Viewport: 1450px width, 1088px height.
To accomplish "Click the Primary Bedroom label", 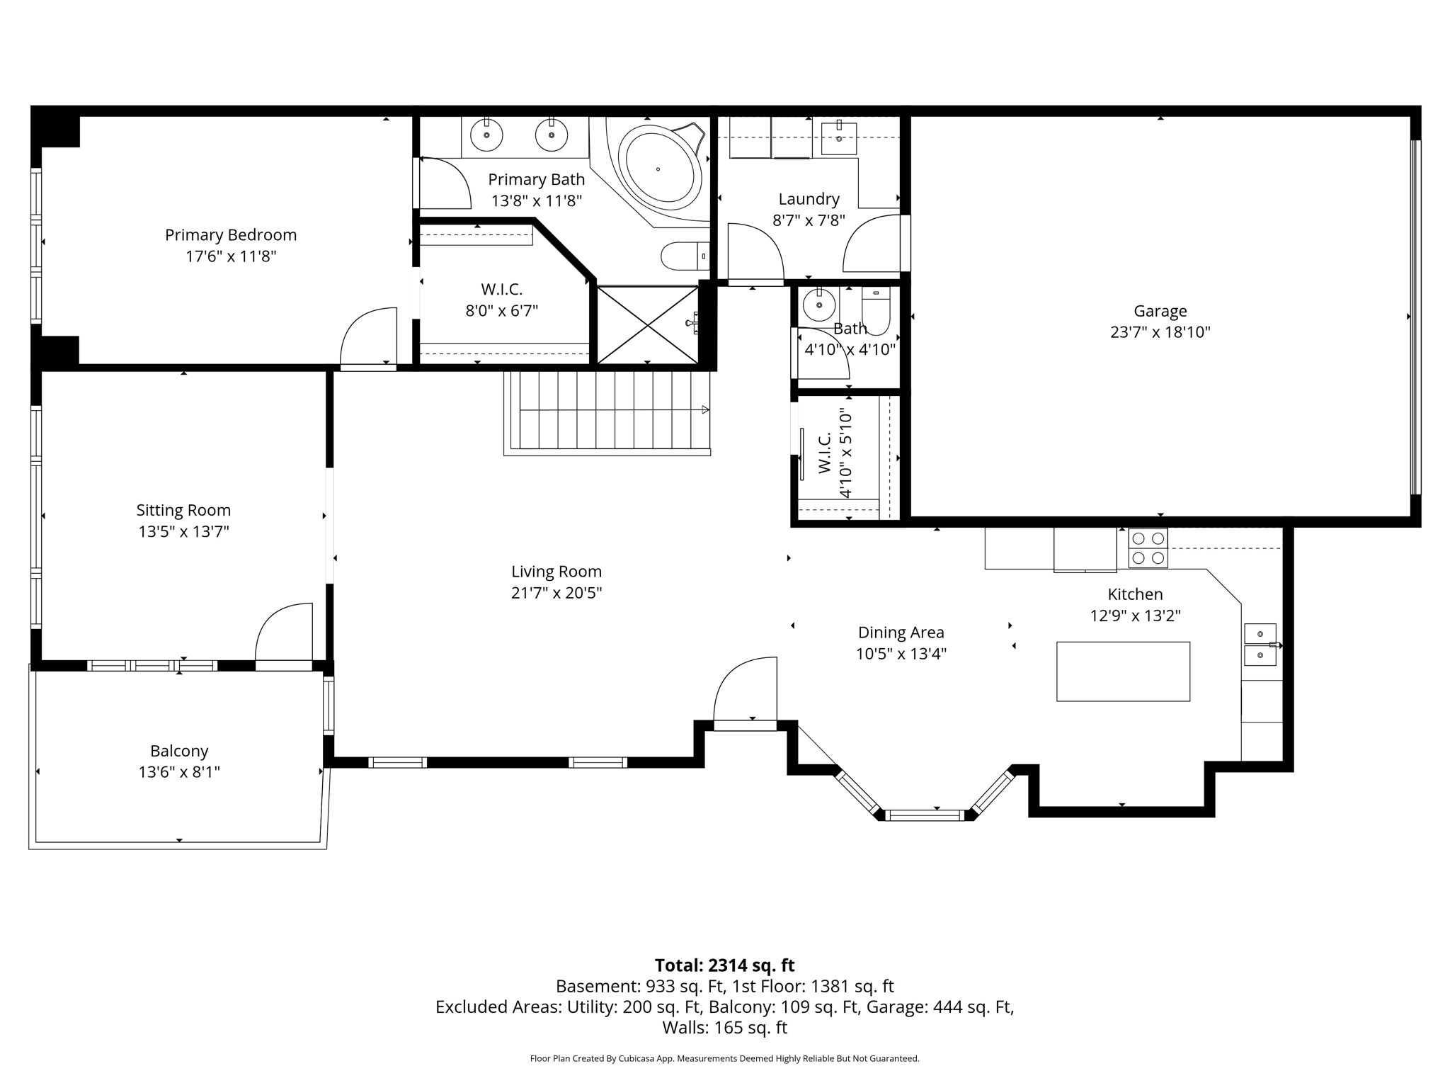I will tap(231, 235).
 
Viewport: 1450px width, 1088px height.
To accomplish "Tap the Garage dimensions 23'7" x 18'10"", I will tap(1160, 332).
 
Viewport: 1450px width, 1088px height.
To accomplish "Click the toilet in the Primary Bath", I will tap(683, 256).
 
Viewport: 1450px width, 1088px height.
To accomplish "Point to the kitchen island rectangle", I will tap(1123, 671).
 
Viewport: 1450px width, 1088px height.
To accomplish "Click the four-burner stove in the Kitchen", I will tap(1148, 548).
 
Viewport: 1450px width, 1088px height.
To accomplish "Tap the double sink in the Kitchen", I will tap(1260, 645).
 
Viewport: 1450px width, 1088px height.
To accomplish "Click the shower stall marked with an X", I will tap(647, 324).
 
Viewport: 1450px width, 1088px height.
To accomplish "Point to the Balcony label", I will tap(179, 751).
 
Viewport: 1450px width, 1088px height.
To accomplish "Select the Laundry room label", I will tap(809, 199).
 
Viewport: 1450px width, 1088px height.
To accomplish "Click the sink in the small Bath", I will tap(819, 305).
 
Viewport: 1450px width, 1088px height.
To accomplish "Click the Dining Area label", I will tap(901, 633).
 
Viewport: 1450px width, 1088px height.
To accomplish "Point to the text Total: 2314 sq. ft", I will tap(724, 965).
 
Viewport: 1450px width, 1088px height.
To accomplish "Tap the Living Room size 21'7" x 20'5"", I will tap(556, 593).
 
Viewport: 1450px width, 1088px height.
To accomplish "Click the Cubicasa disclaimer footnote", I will tap(724, 1058).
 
